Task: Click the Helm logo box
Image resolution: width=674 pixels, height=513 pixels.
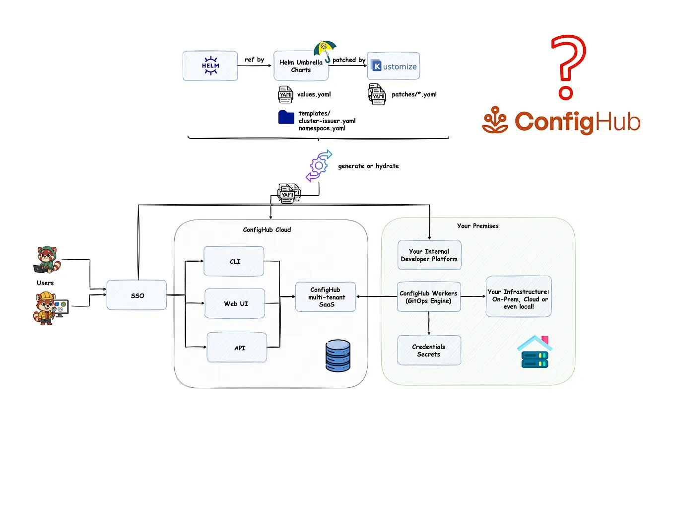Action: tap(210, 66)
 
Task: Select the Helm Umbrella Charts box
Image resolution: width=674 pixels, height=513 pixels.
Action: tap(301, 66)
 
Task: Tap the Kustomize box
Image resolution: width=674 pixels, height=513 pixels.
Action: tap(394, 66)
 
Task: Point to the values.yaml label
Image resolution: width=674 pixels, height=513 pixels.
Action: tap(314, 94)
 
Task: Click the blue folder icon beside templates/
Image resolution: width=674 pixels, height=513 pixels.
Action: tap(286, 117)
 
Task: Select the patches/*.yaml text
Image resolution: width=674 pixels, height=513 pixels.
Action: tap(414, 94)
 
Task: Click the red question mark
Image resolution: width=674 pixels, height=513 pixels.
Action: tap(568, 67)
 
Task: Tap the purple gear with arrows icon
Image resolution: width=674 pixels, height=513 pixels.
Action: tap(318, 165)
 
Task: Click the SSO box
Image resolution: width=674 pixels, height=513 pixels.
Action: tap(137, 295)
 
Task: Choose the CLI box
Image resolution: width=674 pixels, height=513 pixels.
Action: tap(234, 261)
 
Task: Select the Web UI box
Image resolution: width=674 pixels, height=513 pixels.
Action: tap(235, 303)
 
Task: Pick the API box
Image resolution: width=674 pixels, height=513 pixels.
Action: tap(237, 348)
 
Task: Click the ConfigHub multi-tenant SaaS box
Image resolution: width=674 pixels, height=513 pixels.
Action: tap(326, 297)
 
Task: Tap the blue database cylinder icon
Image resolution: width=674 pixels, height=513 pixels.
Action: tap(338, 356)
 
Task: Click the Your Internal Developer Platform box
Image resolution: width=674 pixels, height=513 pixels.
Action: tap(429, 255)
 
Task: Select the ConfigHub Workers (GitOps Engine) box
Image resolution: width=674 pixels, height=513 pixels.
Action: tap(429, 297)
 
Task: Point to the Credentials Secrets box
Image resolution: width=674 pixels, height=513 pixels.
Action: tap(429, 351)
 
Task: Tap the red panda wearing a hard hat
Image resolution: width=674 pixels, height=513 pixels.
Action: tap(46, 308)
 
